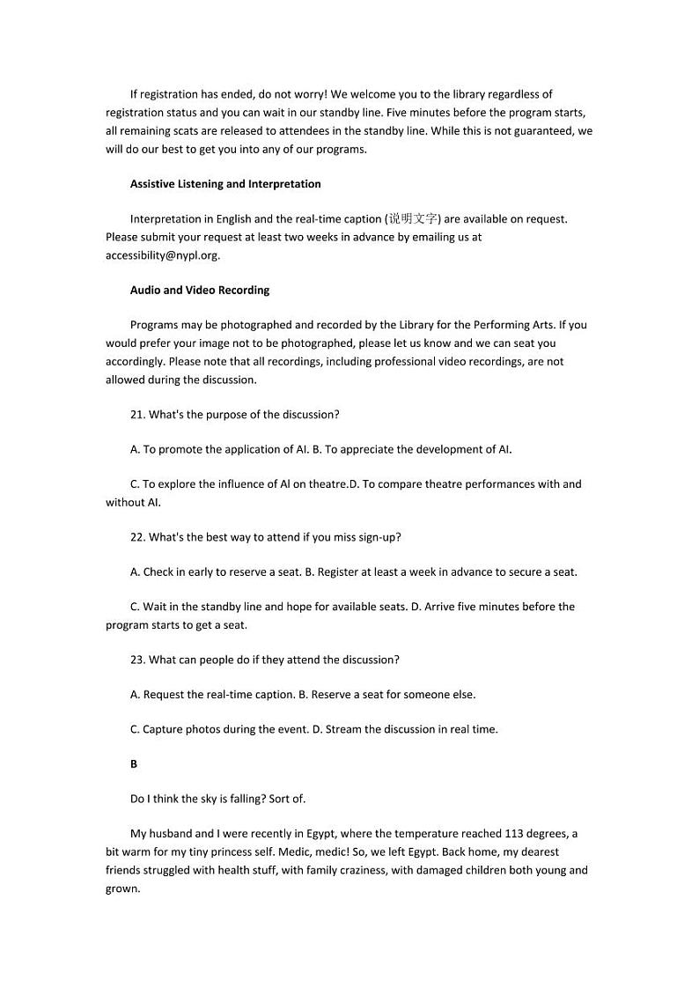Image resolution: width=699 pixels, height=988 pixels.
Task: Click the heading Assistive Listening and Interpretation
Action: [x=225, y=184]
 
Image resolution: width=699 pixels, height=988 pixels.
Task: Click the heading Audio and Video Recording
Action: [x=200, y=290]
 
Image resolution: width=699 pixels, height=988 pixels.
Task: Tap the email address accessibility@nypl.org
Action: [x=162, y=255]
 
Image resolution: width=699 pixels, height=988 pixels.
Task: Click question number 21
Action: [x=138, y=415]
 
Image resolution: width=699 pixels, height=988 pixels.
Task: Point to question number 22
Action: [x=138, y=537]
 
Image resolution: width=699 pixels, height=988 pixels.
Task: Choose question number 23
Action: [x=138, y=660]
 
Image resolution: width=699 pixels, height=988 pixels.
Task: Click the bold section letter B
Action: [x=134, y=764]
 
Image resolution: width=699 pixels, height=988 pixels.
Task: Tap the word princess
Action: [x=218, y=852]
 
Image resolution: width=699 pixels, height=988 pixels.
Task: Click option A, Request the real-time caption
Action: [x=212, y=695]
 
